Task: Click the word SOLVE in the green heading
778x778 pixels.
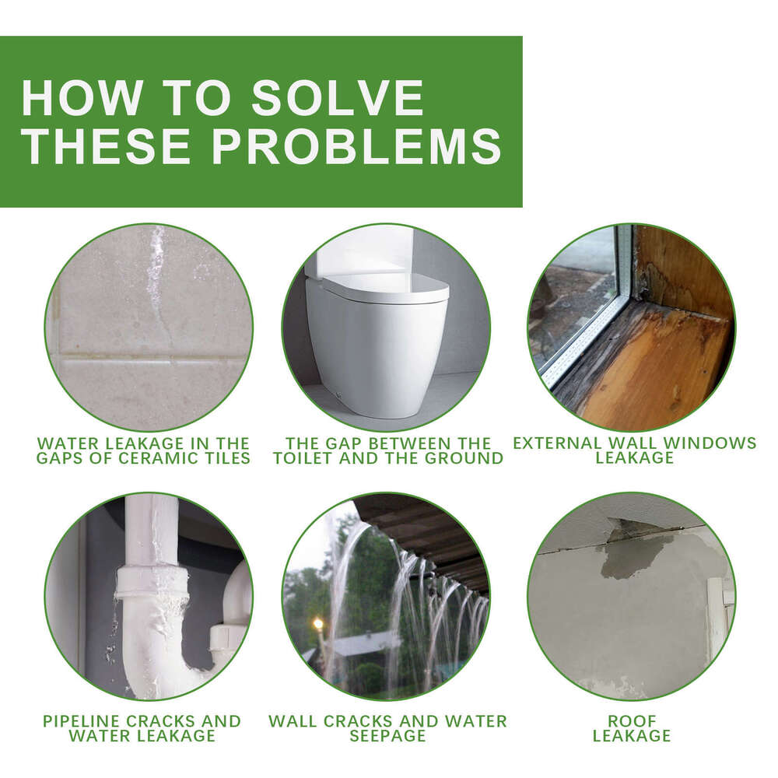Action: click(338, 98)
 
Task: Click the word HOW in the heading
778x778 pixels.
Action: click(82, 98)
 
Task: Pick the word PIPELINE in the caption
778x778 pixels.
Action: click(82, 720)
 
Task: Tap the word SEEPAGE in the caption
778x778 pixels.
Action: click(387, 735)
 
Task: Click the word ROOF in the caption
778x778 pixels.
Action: click(632, 720)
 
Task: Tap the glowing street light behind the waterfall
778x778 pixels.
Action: click(317, 623)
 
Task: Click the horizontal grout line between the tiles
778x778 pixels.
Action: click(149, 356)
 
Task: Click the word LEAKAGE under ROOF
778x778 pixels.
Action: click(632, 735)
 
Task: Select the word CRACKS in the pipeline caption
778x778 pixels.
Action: click(160, 720)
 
